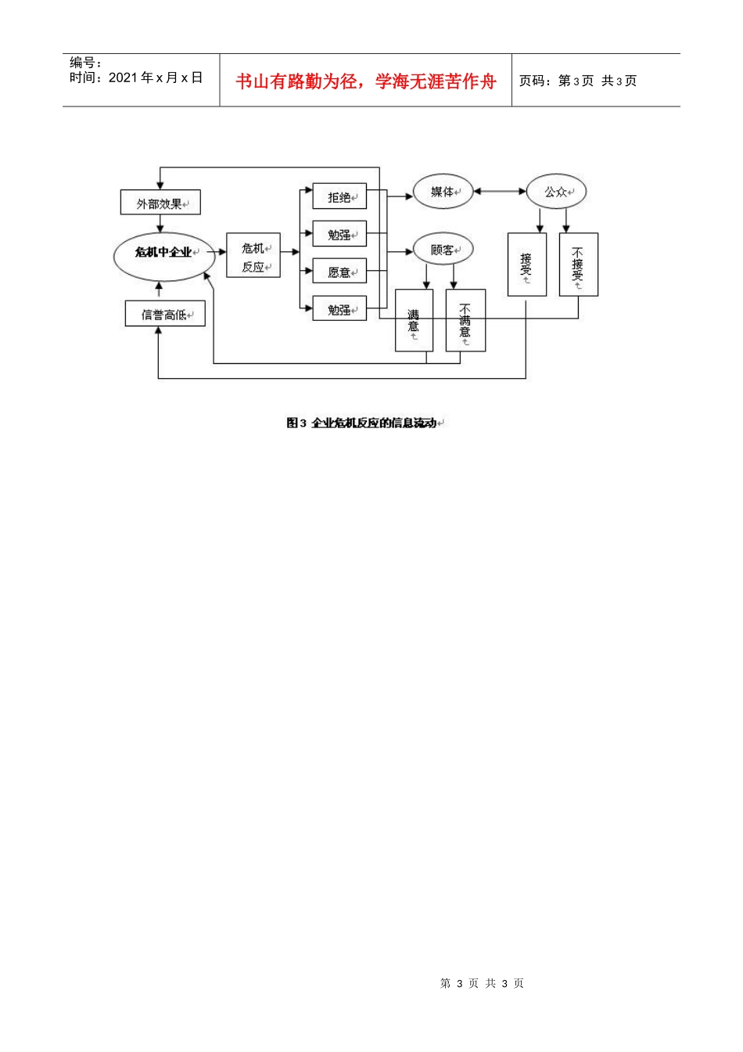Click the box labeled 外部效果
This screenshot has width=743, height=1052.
160,202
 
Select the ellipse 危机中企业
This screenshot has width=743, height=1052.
164,257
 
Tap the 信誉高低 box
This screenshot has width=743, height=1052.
165,313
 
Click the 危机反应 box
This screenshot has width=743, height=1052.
253,255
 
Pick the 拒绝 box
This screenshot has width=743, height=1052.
339,196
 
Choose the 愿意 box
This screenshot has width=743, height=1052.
339,271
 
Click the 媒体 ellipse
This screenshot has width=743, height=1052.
443,192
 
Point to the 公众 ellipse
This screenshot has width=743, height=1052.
556,191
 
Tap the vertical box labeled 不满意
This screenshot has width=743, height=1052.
465,320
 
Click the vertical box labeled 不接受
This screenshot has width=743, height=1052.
579,265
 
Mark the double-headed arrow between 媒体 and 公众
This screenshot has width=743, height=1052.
500,191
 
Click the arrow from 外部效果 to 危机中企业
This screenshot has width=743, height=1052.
160,224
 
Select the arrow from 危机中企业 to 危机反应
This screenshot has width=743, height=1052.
217,252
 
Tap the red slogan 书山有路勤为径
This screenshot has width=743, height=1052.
296,81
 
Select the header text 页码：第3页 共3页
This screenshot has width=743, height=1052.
578,81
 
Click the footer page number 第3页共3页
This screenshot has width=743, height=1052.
482,983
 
